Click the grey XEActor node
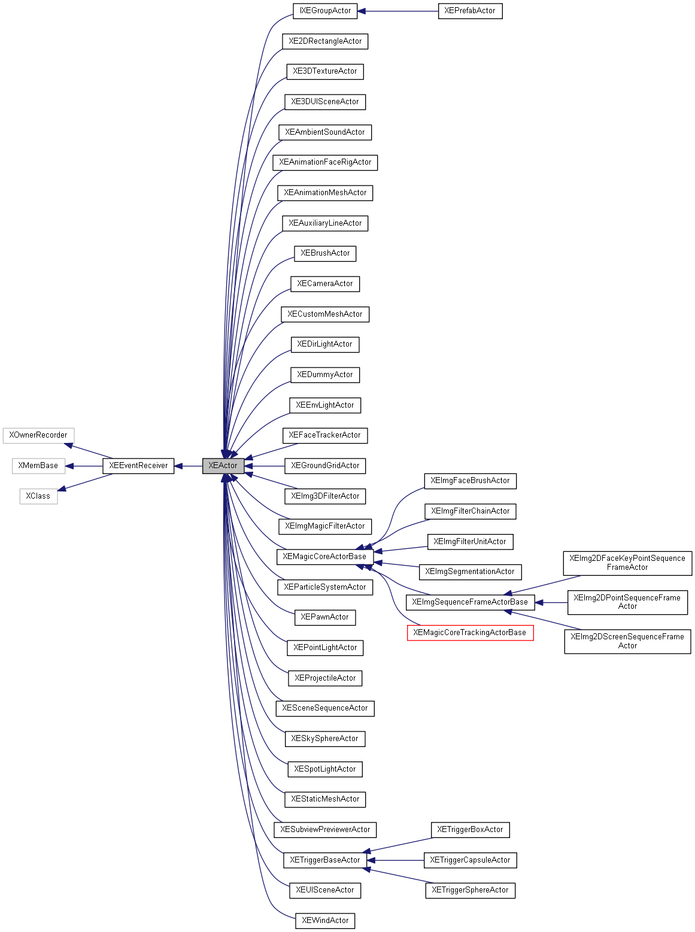point(223,466)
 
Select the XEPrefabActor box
point(470,11)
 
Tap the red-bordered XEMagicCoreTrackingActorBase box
point(470,633)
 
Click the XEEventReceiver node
point(138,466)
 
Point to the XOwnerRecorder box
point(38,435)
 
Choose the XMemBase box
point(38,466)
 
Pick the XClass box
point(38,496)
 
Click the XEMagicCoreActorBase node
point(324,557)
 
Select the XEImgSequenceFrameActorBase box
point(470,602)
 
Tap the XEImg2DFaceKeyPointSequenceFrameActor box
point(627,563)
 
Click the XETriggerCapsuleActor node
point(470,860)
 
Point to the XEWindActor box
point(325,921)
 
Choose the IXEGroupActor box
point(325,11)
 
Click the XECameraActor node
point(325,284)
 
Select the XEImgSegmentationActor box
point(470,572)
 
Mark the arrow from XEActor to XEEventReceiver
point(189,466)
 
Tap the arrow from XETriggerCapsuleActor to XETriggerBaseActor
point(395,860)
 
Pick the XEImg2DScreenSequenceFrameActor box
point(627,641)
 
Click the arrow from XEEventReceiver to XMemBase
point(84,466)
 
